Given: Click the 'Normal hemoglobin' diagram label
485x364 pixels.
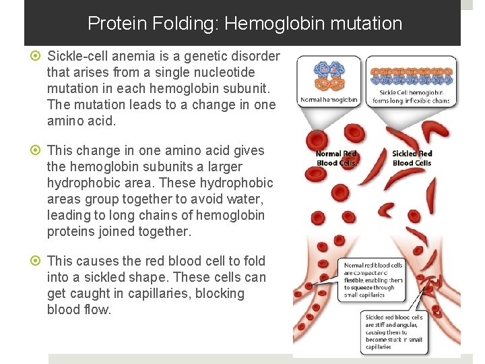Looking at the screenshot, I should coord(329,99).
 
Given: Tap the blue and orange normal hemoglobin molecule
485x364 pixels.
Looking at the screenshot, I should coord(328,78).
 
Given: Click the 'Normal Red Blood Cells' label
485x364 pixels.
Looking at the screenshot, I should coord(336,158).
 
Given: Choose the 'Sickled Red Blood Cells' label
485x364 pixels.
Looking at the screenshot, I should coord(412,158).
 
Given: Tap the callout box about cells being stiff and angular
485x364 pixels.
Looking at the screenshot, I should coord(395,332).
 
